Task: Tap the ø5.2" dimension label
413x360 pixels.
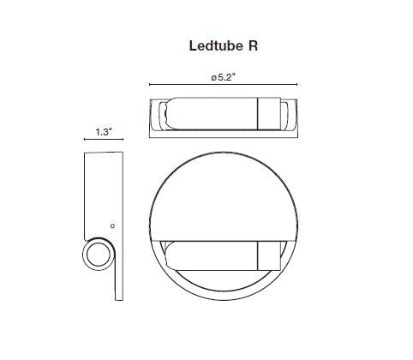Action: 223,76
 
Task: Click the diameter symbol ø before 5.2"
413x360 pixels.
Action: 211,76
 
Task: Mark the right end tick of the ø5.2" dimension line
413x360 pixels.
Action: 296,86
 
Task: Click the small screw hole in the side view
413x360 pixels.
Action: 113,225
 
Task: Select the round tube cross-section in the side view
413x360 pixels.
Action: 99,255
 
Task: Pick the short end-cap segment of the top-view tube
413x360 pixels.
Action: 269,116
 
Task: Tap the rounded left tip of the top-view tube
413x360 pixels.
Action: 166,116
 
